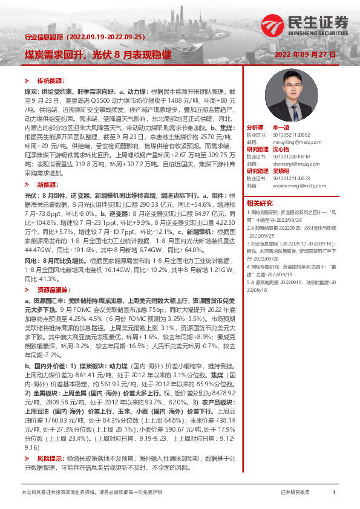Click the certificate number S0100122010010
295,156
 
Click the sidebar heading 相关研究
260,203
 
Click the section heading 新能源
46,183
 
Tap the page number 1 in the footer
334,493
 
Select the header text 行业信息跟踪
43,37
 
